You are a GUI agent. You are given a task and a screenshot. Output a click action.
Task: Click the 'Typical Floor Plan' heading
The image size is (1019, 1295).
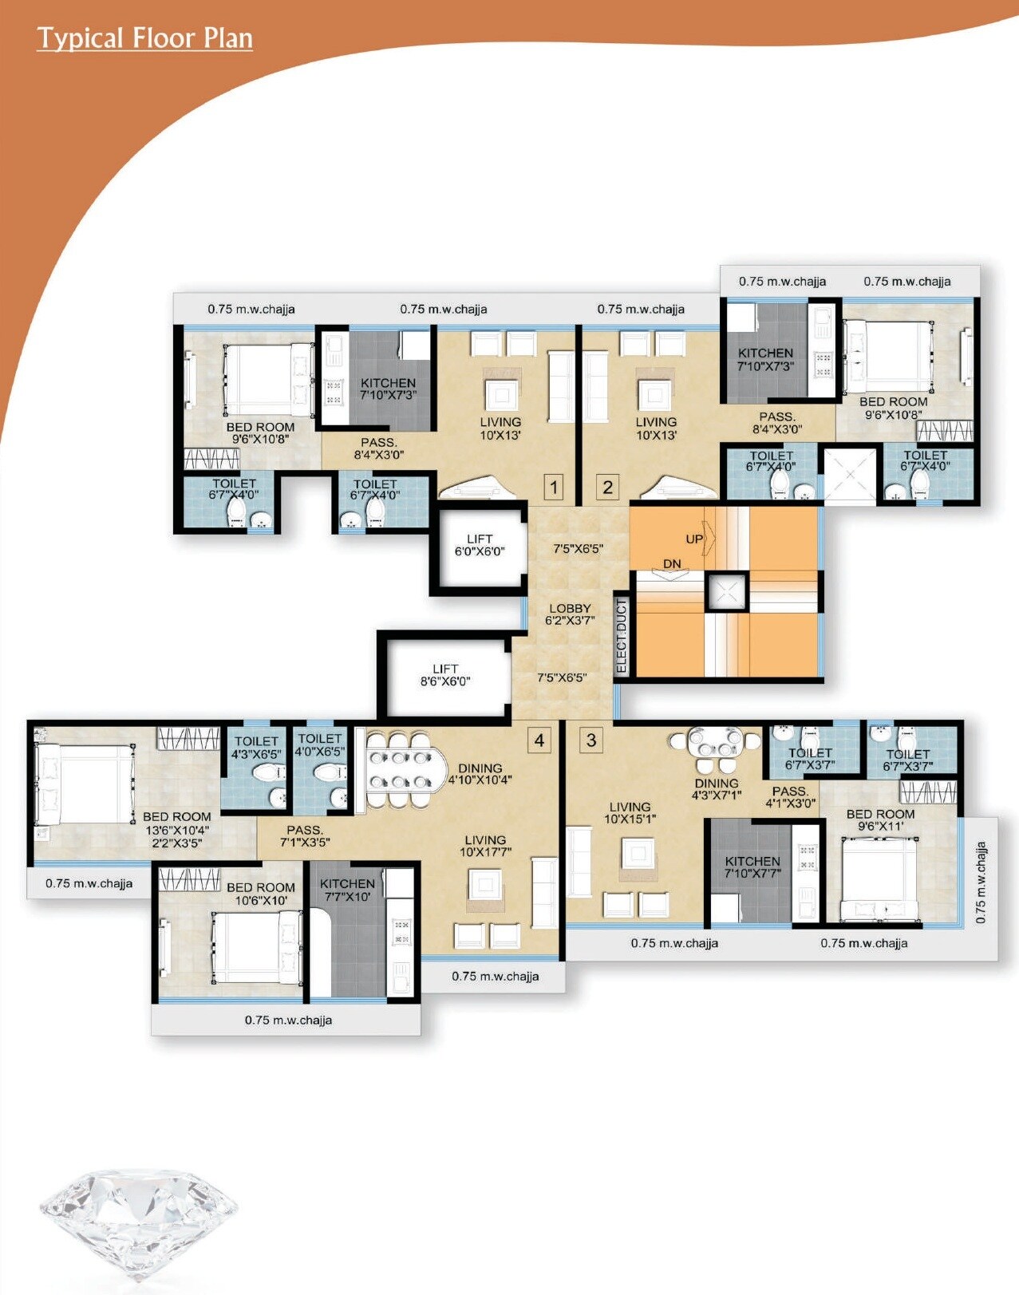(x=144, y=38)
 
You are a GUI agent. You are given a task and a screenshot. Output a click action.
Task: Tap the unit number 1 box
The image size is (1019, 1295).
(x=553, y=487)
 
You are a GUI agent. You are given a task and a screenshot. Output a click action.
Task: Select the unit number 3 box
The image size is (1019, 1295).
(x=590, y=740)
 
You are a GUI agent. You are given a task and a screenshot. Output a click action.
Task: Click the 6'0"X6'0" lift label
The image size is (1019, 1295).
(x=479, y=545)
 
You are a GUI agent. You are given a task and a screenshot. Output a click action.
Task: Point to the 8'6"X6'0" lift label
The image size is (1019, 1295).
(x=445, y=675)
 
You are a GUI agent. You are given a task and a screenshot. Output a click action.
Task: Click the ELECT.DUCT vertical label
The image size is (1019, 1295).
(x=622, y=636)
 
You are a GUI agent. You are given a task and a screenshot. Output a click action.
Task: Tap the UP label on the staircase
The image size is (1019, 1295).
(x=694, y=539)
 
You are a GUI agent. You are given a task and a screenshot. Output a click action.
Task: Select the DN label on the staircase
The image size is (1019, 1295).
(x=672, y=564)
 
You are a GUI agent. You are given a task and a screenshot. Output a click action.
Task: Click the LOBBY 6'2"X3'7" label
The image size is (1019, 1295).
(x=570, y=614)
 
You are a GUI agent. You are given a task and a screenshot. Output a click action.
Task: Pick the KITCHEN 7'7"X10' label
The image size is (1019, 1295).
(x=347, y=890)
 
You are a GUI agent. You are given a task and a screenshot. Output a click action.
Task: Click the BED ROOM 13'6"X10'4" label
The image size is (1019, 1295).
(x=177, y=829)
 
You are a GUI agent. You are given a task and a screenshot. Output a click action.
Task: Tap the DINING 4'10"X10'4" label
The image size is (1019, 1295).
(x=480, y=774)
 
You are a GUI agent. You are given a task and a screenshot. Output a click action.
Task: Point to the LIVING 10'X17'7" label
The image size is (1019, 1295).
(x=485, y=846)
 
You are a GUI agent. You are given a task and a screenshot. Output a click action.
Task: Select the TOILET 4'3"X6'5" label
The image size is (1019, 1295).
(x=256, y=748)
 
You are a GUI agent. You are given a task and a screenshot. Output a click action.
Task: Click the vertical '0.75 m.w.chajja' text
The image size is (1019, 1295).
(x=981, y=882)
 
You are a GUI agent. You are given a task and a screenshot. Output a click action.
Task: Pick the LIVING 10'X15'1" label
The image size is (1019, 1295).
(x=630, y=813)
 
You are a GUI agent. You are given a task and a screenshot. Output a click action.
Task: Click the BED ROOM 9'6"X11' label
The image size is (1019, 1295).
(x=880, y=820)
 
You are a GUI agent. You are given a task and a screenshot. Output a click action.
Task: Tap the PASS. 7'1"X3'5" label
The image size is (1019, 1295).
(x=305, y=835)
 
